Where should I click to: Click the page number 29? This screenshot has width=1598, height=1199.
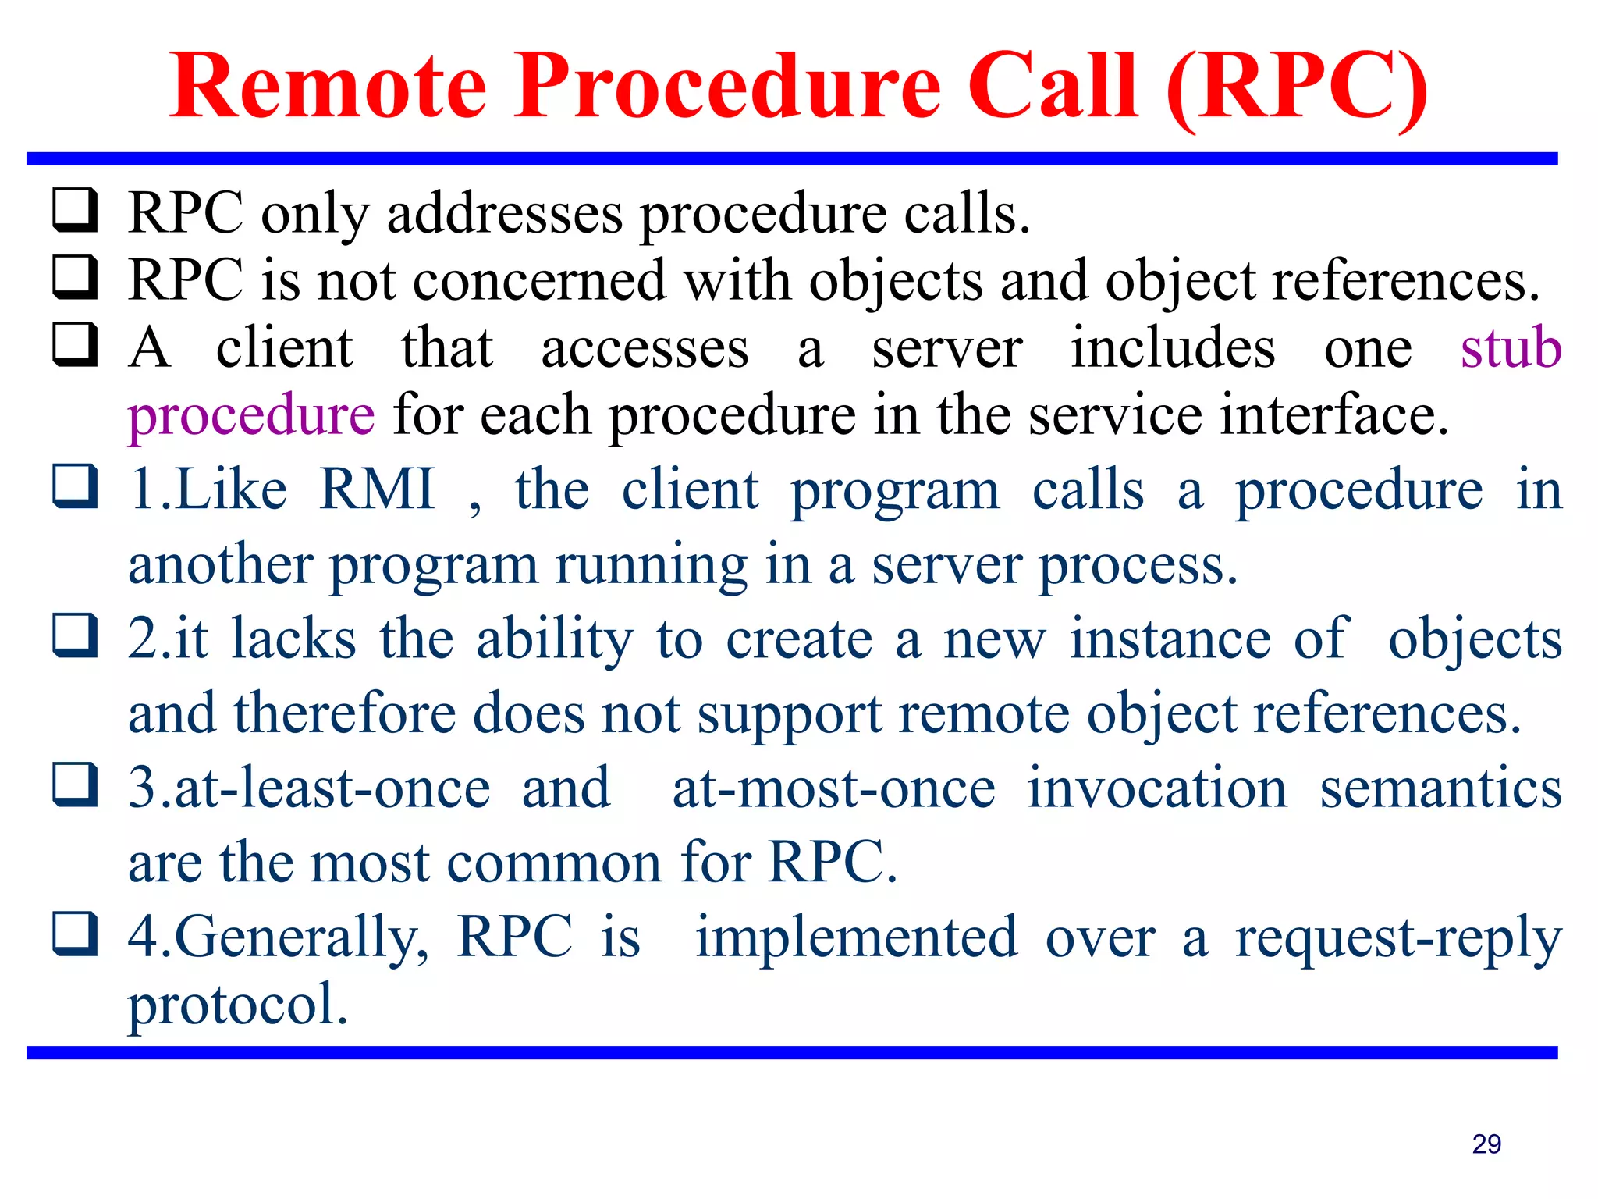coord(1486,1144)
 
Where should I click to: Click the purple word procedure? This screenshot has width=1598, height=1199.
coord(251,416)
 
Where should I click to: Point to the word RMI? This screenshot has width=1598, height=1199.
coord(377,489)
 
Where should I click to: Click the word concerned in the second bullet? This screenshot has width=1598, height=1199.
coord(539,280)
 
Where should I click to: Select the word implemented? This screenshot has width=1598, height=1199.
coord(856,937)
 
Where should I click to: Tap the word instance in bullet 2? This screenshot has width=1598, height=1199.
coord(1170,639)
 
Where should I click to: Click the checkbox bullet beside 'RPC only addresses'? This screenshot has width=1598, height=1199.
coord(75,211)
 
